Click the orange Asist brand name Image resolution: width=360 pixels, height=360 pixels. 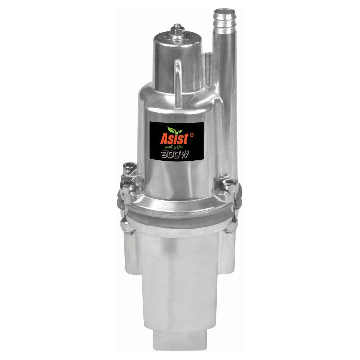click(x=174, y=139)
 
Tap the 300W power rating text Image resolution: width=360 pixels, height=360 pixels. click(x=175, y=154)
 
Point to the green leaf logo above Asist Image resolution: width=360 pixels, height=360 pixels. click(x=174, y=130)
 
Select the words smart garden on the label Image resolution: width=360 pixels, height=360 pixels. click(x=173, y=147)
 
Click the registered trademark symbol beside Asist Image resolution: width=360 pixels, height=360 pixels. click(x=192, y=135)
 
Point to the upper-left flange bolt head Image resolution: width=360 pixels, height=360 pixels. click(x=129, y=166)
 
